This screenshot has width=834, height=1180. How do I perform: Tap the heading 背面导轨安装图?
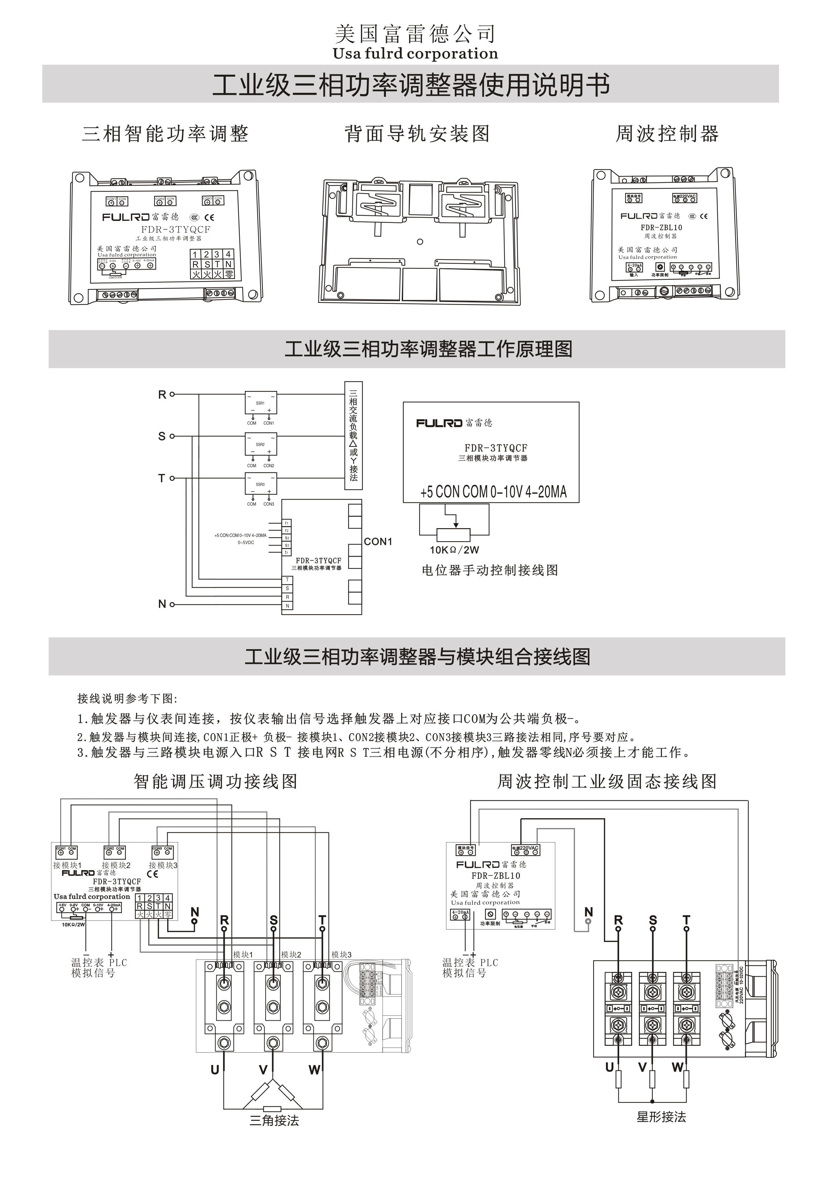417,134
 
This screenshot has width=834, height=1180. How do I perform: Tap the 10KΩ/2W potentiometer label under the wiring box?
454,550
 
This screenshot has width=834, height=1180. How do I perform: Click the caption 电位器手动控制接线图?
489,571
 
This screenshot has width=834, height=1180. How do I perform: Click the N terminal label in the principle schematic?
162,604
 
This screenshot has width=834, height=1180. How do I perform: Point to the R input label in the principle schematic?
162,395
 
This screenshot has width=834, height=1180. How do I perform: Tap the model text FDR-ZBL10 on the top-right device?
661,228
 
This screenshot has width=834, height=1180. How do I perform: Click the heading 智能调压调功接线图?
216,782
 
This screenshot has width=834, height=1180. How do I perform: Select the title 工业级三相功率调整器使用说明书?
411,85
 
